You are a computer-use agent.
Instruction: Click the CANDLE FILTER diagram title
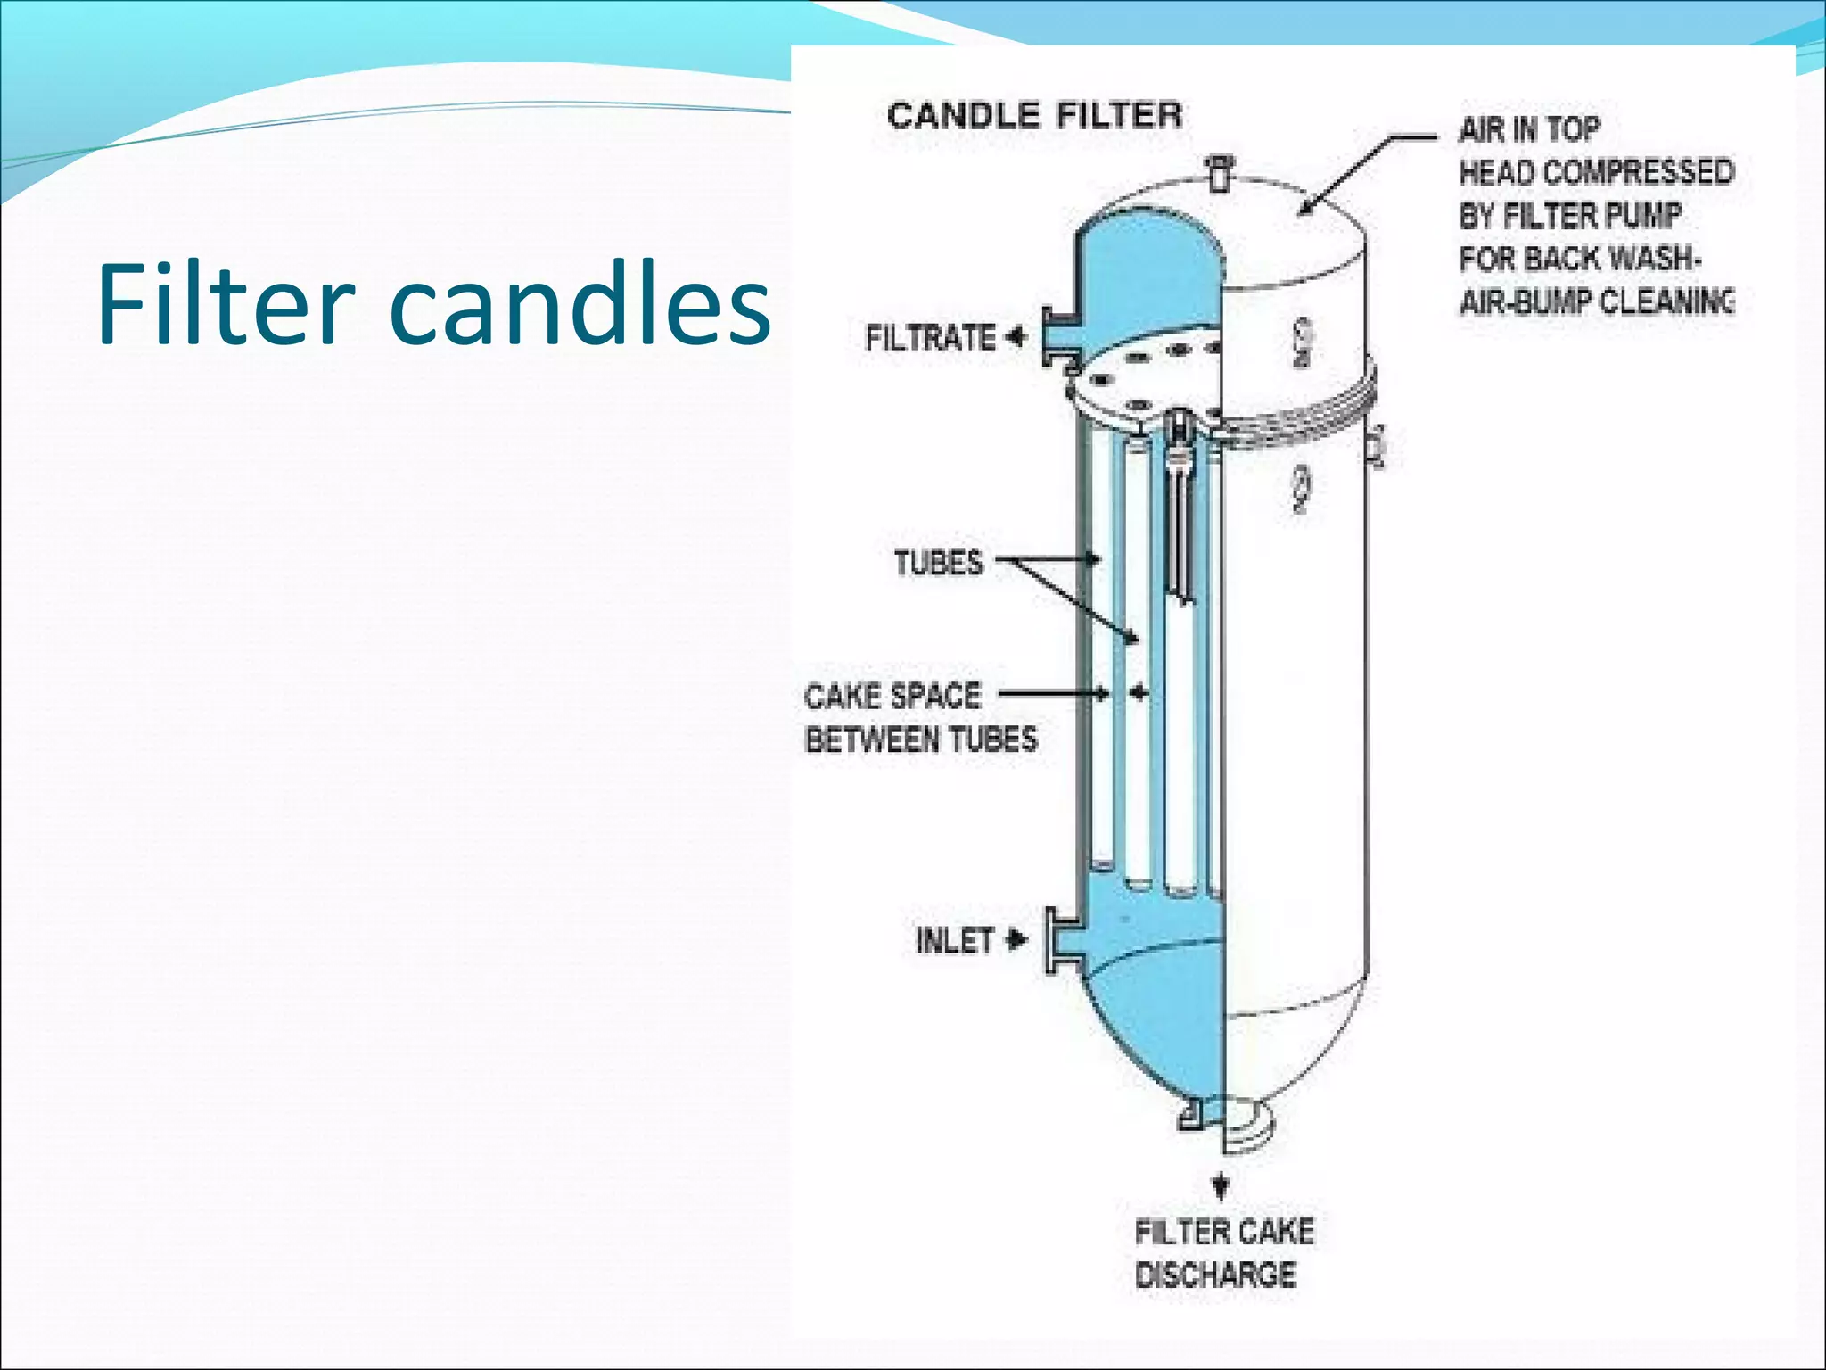pos(1034,116)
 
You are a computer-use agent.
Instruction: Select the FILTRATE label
pos(931,338)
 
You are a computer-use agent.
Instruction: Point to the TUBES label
pos(938,563)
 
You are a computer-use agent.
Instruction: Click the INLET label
pos(954,940)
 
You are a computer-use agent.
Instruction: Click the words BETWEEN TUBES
pos(921,739)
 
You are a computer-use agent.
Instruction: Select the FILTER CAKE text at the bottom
pos(1224,1232)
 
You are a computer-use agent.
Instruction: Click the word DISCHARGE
pos(1215,1275)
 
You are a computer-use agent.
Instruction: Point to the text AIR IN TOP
pos(1529,130)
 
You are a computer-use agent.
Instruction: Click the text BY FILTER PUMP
pos(1570,216)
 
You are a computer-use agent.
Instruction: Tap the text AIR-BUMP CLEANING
pos(1596,301)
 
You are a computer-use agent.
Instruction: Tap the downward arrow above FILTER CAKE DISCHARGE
pos(1221,1186)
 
